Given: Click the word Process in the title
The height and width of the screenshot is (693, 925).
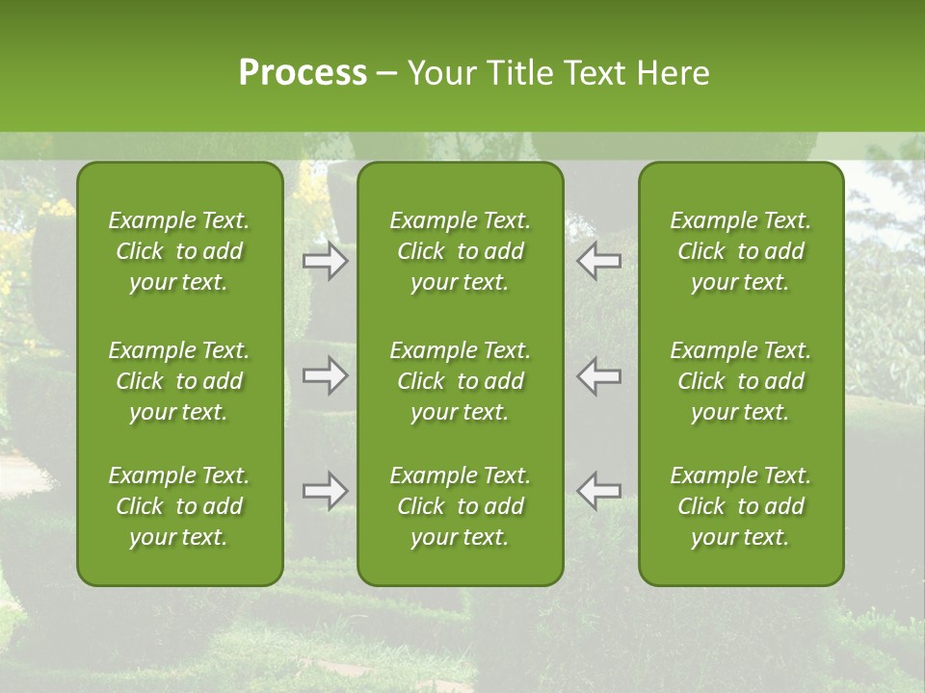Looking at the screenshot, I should point(303,73).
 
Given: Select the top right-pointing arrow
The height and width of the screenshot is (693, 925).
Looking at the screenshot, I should point(326,262).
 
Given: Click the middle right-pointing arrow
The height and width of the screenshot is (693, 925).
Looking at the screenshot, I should point(326,375).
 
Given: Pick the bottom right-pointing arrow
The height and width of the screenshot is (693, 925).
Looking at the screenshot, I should point(326,491).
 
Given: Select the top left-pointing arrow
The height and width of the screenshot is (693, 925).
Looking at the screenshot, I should point(599,262).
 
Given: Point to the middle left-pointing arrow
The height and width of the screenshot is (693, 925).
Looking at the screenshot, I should point(599,375).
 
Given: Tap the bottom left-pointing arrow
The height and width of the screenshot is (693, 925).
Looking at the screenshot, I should point(599,491).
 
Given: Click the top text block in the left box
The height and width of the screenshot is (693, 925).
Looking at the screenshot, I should point(179,251).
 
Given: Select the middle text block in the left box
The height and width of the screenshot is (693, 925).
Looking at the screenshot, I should point(179,381).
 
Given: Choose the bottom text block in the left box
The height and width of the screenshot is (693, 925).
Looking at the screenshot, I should point(179,506).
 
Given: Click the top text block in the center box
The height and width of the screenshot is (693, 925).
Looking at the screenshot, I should point(461,251).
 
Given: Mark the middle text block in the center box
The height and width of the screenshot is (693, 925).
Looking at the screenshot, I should point(461,381).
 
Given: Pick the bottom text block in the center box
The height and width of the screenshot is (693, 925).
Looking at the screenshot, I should point(461,506).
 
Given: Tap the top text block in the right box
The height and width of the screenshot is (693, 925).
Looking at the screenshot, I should point(741,251).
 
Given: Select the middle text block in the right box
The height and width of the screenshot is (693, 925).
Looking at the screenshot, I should point(741,381).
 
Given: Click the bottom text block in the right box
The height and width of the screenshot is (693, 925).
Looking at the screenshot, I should point(741,506).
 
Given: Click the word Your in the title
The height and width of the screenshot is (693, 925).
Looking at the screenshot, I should point(439,73).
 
